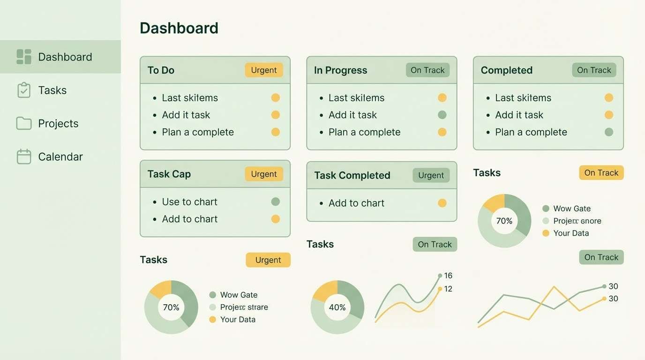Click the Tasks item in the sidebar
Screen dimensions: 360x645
(x=52, y=90)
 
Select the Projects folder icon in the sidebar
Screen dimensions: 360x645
(x=24, y=123)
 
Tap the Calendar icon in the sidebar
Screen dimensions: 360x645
(x=24, y=157)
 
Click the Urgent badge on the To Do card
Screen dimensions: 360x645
(x=264, y=70)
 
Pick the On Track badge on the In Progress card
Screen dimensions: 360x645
(x=427, y=70)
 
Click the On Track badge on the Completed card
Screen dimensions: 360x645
(x=594, y=70)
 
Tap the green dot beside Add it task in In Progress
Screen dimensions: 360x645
(x=442, y=115)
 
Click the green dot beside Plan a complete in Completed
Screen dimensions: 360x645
(x=609, y=132)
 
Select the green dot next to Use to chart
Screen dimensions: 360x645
(x=276, y=202)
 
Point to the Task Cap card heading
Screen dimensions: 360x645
(x=169, y=174)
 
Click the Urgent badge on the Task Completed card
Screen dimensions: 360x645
(x=431, y=175)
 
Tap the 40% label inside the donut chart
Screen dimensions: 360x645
(x=337, y=307)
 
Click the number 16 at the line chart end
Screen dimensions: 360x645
(x=448, y=276)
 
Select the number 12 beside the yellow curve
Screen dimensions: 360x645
(x=448, y=289)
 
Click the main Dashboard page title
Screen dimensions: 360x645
(x=179, y=28)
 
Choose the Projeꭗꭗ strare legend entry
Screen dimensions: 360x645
(x=244, y=307)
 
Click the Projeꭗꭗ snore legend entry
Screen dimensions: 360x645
(x=577, y=221)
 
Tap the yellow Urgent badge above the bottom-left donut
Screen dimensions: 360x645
(x=268, y=260)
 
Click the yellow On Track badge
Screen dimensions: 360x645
(x=601, y=172)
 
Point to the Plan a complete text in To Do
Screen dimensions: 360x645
(x=198, y=132)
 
